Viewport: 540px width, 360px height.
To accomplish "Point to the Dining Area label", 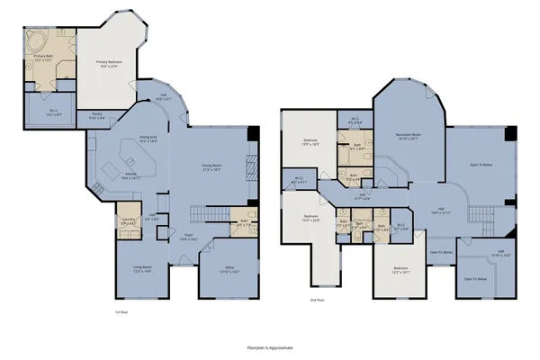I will point(148,139).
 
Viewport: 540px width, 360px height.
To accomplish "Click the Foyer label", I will point(189,238).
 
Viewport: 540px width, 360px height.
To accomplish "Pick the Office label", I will point(219,270).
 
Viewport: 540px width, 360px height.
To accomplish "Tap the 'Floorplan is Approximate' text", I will point(270,346).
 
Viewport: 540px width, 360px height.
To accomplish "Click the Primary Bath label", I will point(45,61).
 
